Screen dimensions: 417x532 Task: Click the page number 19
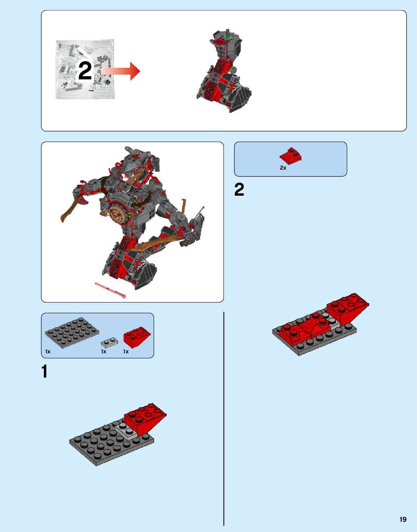click(x=403, y=519)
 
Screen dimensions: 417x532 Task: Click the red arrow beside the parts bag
click(x=120, y=71)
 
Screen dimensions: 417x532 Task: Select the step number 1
click(x=45, y=371)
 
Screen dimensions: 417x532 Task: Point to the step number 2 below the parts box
click(x=239, y=190)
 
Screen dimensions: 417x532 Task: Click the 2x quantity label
click(x=283, y=168)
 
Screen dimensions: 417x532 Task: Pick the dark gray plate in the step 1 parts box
click(x=72, y=333)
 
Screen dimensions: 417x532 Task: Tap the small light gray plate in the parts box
click(x=109, y=341)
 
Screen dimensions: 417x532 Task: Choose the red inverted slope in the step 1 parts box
click(x=137, y=337)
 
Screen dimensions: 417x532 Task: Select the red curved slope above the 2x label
click(x=291, y=155)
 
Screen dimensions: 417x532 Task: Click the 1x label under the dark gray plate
click(x=48, y=352)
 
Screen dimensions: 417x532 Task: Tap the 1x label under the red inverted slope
click(x=126, y=352)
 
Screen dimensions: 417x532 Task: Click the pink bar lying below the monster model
click(x=110, y=290)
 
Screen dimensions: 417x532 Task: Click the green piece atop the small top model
click(x=229, y=37)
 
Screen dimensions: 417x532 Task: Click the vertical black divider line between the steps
click(x=224, y=418)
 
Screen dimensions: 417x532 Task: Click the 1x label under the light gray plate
click(x=104, y=352)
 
